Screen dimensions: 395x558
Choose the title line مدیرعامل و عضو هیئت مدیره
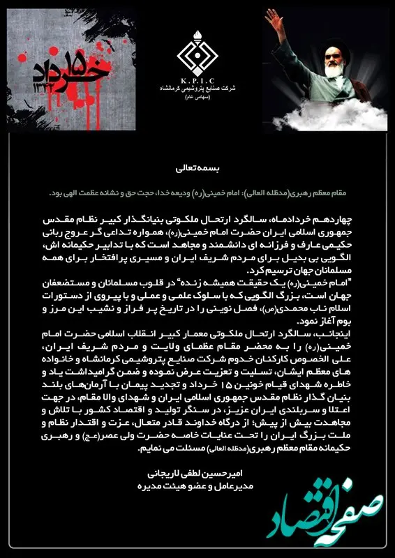[197, 483]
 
